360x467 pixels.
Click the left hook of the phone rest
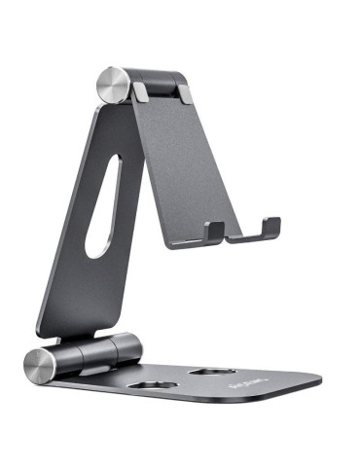214,231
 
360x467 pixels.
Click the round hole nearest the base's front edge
146,387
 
